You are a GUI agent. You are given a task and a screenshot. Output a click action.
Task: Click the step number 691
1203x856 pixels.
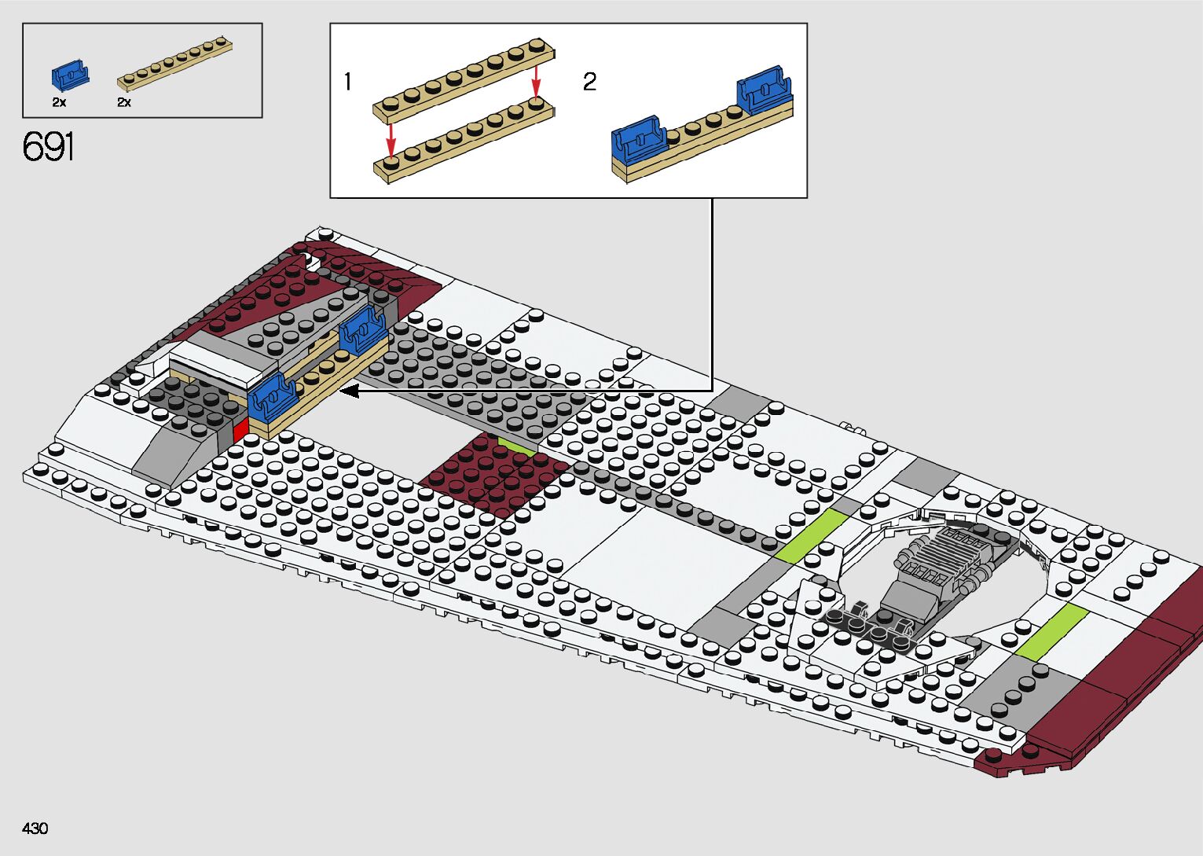[x=49, y=147]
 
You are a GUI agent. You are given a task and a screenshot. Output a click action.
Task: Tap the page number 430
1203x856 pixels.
[x=35, y=828]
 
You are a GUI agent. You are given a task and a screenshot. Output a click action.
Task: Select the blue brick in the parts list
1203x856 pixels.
[x=70, y=74]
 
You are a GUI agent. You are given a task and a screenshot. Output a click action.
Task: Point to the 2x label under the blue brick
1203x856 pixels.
[x=59, y=102]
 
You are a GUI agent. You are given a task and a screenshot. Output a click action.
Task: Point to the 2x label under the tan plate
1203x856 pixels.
[x=124, y=102]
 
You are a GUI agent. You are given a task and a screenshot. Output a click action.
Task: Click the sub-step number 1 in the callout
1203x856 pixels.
[x=347, y=82]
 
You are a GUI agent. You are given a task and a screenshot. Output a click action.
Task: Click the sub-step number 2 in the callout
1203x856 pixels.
[x=589, y=82]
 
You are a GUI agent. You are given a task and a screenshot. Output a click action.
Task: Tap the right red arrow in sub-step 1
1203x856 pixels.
[x=536, y=79]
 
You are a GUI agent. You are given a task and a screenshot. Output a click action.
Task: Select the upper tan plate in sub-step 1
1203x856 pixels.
[x=464, y=75]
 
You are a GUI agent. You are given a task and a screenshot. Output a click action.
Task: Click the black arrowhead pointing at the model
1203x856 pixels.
[x=350, y=390]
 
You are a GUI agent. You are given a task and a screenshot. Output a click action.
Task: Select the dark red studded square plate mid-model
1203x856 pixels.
[x=495, y=476]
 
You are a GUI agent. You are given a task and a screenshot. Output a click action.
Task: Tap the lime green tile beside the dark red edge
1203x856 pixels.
[x=1051, y=631]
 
